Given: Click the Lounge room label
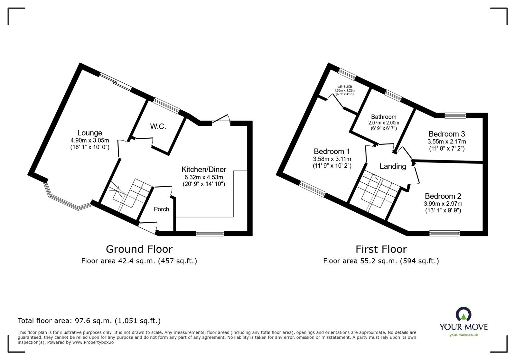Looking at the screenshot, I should tap(90, 133).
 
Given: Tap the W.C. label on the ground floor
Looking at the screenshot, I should tap(158, 126).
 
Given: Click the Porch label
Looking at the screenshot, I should tap(161, 209).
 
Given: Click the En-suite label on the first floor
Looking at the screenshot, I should tap(344, 86).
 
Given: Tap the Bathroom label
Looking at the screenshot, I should tap(383, 117).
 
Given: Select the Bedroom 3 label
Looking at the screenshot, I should tap(446, 134).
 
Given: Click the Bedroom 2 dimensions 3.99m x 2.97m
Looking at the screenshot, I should tap(443, 204).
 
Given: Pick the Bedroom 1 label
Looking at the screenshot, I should tap(332, 151).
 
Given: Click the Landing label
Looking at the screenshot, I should tap(393, 166).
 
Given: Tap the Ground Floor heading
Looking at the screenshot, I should tap(139, 249).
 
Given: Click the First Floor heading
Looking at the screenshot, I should tap(381, 249).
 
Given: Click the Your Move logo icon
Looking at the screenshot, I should tap(464, 315).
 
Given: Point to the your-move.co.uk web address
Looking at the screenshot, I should tap(464, 335).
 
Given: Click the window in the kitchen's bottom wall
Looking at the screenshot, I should tap(210, 234).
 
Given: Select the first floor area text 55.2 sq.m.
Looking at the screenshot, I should tap(381, 261).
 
